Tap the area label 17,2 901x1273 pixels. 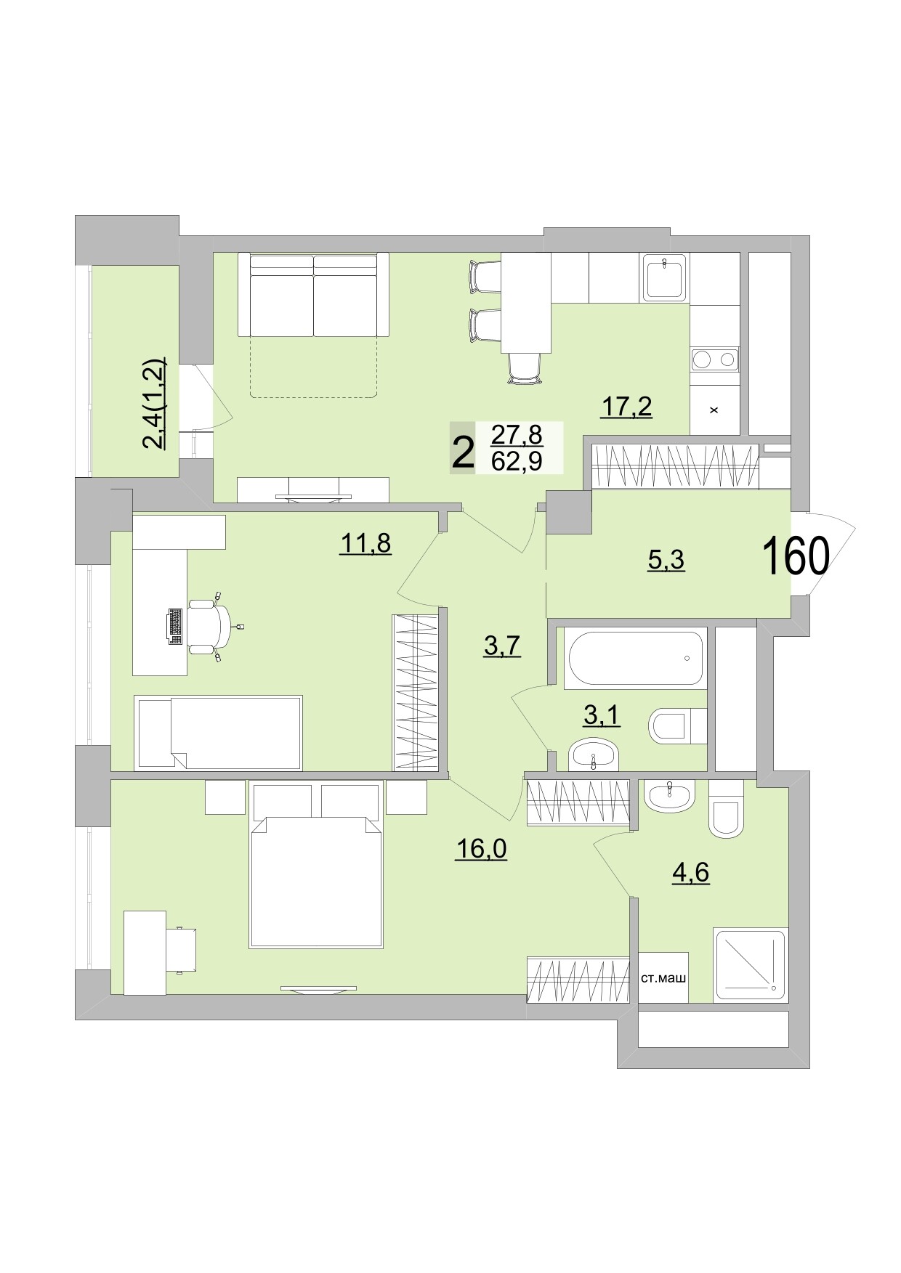tap(626, 407)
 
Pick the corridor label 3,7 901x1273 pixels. tap(502, 645)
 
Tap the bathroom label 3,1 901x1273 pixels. tap(601, 716)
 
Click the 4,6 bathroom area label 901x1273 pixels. tap(690, 871)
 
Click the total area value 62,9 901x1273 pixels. tap(517, 461)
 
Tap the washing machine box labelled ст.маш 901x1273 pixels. tap(663, 978)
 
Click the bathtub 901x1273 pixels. tap(636, 658)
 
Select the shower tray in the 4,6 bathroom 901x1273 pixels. tap(750, 965)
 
